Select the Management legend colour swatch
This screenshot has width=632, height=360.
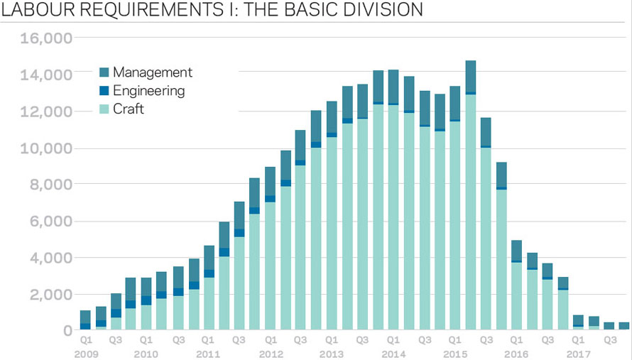click(104, 72)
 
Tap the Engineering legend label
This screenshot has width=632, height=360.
click(148, 91)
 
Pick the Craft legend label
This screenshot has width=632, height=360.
click(129, 109)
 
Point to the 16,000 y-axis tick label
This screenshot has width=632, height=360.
click(44, 38)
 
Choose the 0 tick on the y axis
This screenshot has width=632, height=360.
click(67, 331)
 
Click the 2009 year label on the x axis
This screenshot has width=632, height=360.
click(85, 354)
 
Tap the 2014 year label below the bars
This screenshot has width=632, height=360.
click(393, 354)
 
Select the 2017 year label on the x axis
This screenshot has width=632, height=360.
click(578, 354)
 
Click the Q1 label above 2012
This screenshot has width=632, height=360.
click(270, 340)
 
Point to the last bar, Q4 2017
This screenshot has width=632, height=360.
click(624, 327)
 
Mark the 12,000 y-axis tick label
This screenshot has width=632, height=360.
click(44, 111)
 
